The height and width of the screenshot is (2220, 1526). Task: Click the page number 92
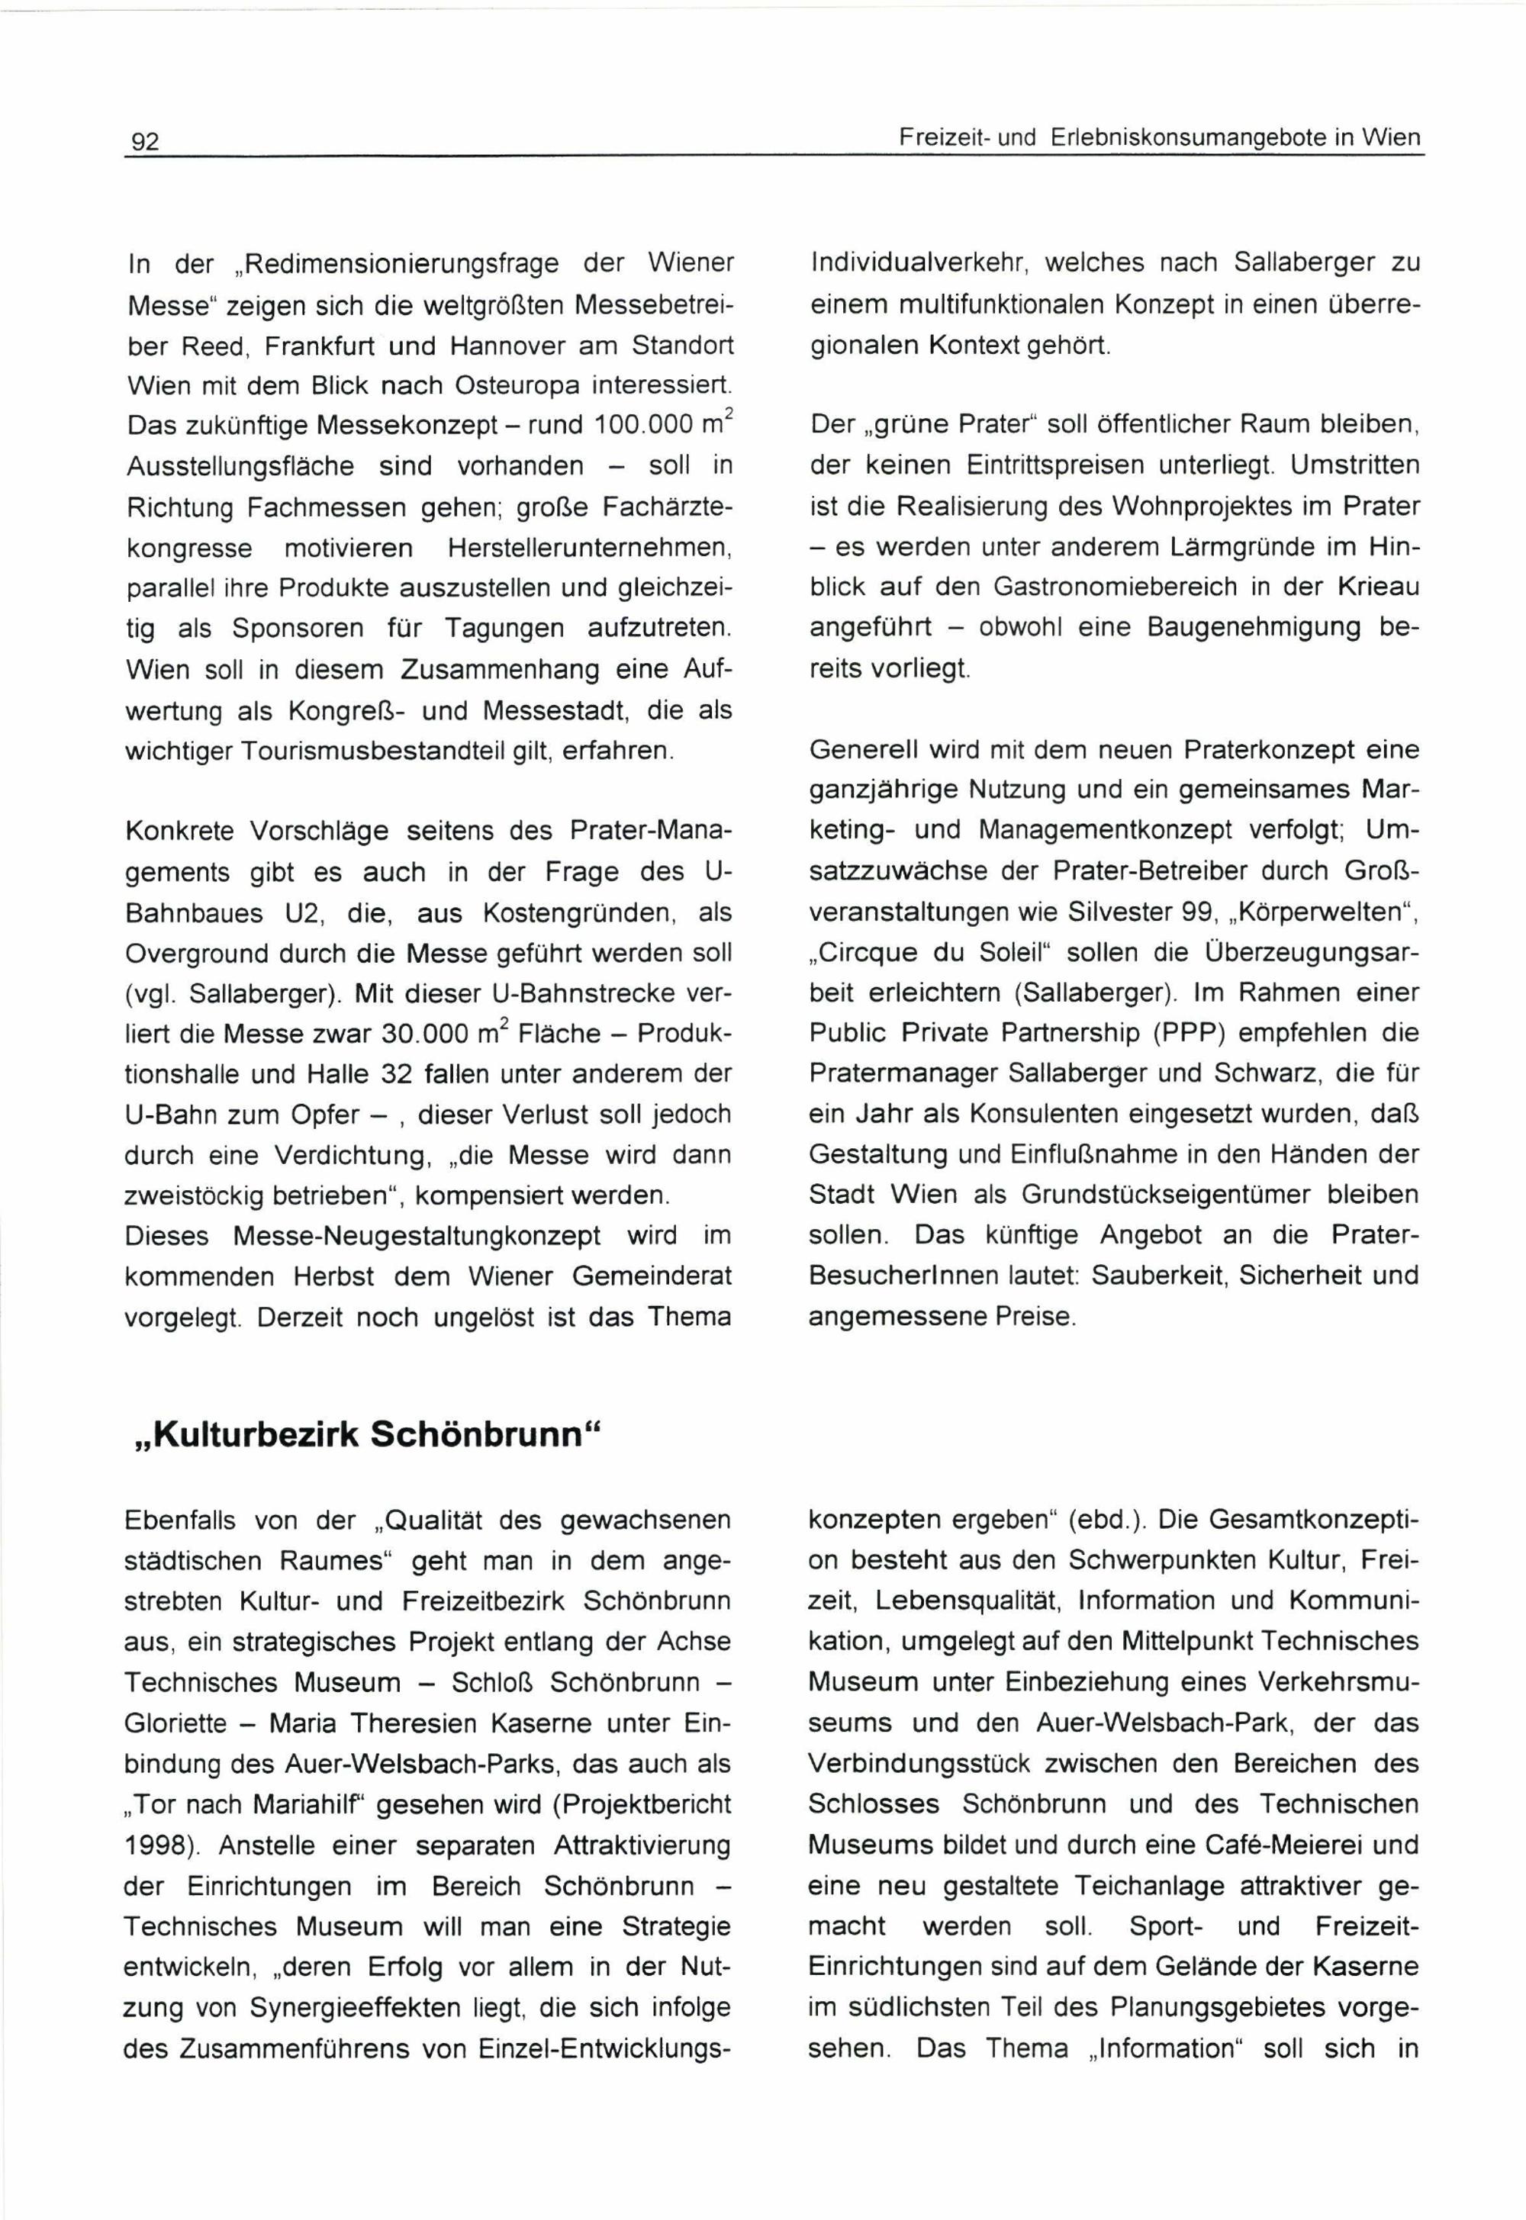144,143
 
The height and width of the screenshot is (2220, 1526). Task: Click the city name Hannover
492,345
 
